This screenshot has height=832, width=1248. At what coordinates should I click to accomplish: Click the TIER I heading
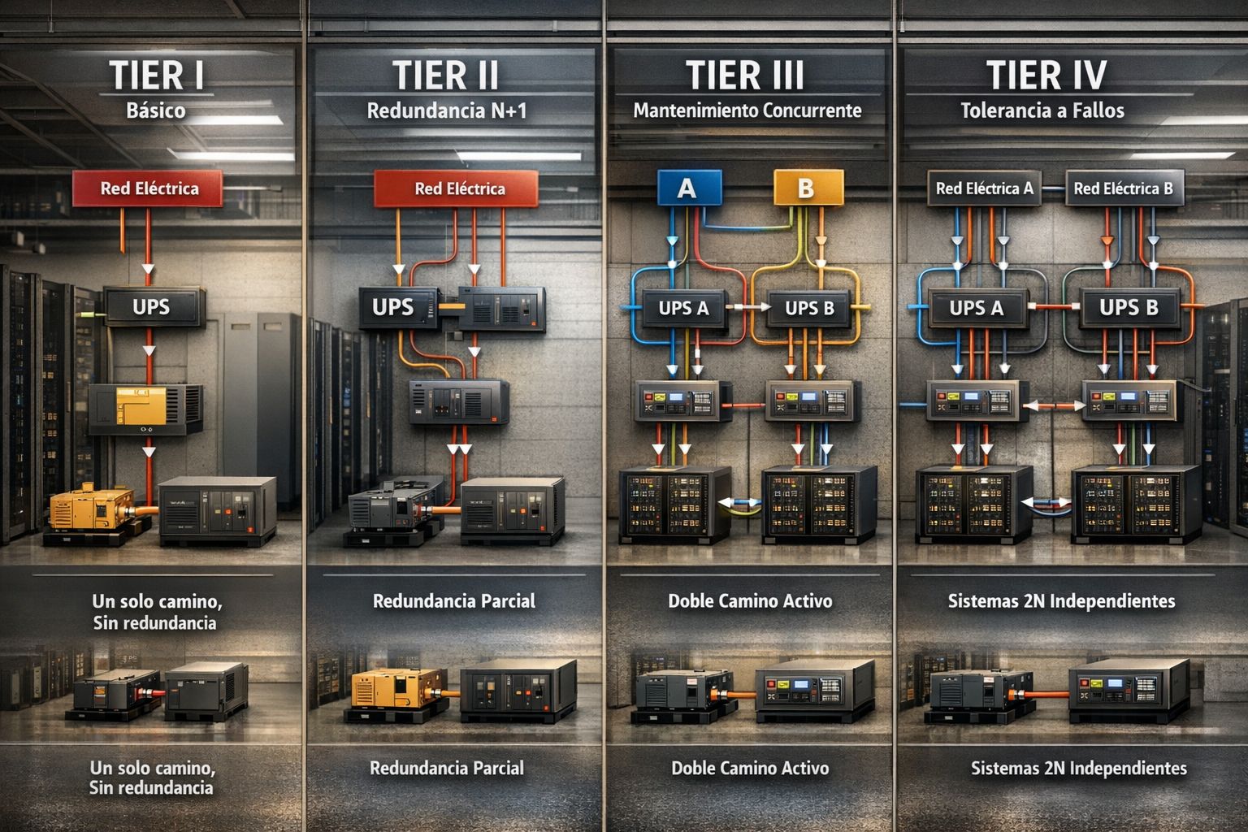click(156, 76)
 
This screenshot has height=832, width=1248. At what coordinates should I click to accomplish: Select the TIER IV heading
click(1046, 76)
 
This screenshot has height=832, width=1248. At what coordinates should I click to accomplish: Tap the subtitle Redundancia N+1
click(447, 110)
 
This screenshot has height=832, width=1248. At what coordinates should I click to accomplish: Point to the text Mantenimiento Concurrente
click(747, 110)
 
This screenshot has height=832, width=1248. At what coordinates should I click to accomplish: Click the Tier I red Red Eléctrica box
click(148, 188)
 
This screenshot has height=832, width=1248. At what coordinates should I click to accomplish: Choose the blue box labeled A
click(688, 188)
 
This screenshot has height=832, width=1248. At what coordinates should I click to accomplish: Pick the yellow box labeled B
click(804, 188)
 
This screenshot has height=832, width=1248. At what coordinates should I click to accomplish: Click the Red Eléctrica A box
click(984, 188)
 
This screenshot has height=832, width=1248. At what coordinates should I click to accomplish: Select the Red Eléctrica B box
click(1124, 188)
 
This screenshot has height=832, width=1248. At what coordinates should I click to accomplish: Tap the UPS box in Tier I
click(152, 307)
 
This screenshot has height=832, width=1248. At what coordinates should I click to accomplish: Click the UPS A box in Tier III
click(683, 308)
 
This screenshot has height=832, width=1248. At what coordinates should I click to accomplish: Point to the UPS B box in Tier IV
click(1129, 308)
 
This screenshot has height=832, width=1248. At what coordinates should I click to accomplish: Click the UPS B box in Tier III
click(809, 308)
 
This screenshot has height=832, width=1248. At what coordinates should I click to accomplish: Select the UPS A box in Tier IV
click(977, 308)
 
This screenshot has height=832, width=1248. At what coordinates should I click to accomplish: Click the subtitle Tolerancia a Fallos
click(1042, 110)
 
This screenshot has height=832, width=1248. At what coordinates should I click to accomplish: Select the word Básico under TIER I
click(156, 110)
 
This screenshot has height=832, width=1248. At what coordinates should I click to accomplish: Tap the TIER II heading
click(446, 76)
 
